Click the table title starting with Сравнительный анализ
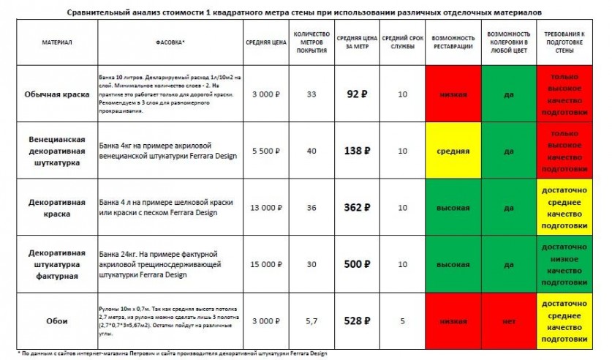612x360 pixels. coord(306,13)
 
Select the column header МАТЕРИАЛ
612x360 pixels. coord(56,42)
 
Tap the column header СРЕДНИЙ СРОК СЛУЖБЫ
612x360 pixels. coord(401,42)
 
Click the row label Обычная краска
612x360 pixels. coord(56,94)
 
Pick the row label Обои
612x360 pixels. coord(56,320)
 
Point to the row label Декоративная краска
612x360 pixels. coord(56,207)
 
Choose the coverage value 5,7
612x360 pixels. coord(311,320)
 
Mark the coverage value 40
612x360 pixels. coord(311,150)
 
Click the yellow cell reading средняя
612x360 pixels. coord(453,150)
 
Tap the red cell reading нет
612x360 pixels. coord(508,320)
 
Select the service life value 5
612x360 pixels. coord(401,320)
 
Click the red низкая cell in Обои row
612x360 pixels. coord(453,320)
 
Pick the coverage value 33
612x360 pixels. coord(311,94)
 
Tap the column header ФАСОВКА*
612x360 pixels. coord(170,42)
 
